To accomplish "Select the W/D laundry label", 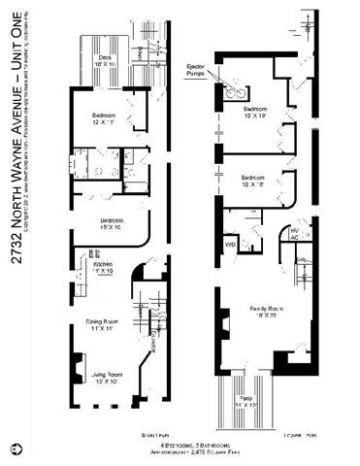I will (231, 244).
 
